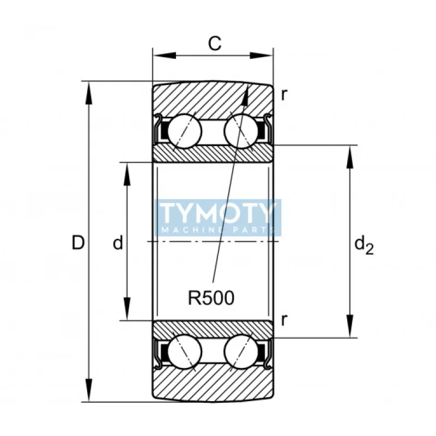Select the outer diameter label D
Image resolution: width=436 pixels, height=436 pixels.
(x=78, y=243)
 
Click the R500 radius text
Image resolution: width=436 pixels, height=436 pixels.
(x=211, y=298)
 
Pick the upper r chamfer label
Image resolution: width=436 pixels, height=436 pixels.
(x=284, y=94)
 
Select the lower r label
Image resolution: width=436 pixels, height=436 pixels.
(x=284, y=320)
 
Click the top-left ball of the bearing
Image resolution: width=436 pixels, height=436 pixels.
(x=184, y=131)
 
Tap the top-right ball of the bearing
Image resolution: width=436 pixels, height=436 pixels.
(x=241, y=131)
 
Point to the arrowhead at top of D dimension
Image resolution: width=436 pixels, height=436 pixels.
(x=89, y=90)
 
